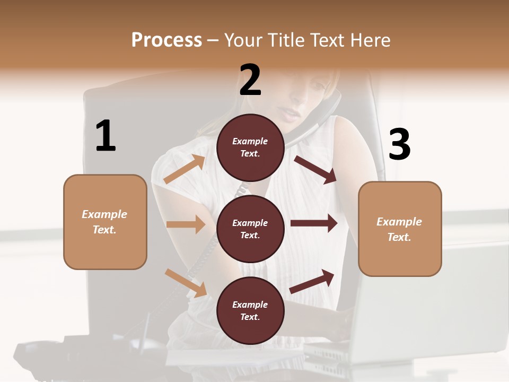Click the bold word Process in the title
pos(166,40)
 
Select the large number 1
pos(106,136)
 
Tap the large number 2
pos(250,80)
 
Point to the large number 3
pos(400,144)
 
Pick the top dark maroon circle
pos(250,147)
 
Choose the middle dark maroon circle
pos(250,229)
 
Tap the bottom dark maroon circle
pos(250,310)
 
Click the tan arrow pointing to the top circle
pos(185,169)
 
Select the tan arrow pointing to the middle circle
pos(186,224)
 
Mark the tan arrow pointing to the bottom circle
pos(186,283)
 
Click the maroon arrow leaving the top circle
pos(315,169)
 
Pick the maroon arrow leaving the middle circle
pos(314,223)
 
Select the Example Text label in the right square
pos(399,229)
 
